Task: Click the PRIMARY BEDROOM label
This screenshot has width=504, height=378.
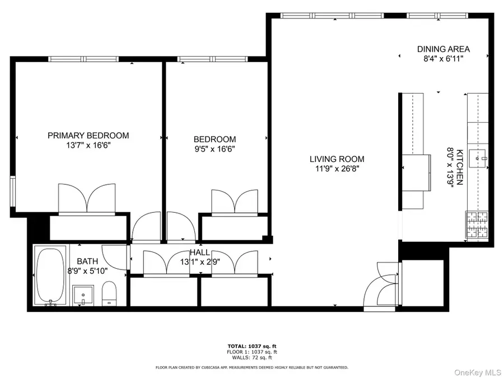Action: pos(88,136)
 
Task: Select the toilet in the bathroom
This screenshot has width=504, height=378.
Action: pos(109,293)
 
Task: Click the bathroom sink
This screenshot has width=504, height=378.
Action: pos(83,295)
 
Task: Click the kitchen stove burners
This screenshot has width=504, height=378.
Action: pos(477,225)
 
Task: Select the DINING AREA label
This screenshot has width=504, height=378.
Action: pos(443,49)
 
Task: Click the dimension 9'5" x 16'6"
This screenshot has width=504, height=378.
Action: pos(214,149)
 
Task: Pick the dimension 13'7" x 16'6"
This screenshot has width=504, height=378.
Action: pos(88,146)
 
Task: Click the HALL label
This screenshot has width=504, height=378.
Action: pos(200,253)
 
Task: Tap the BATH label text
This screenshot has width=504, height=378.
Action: pos(87,261)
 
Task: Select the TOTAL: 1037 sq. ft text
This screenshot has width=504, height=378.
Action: pos(251,347)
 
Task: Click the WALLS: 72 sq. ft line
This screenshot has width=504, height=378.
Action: pos(251,357)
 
